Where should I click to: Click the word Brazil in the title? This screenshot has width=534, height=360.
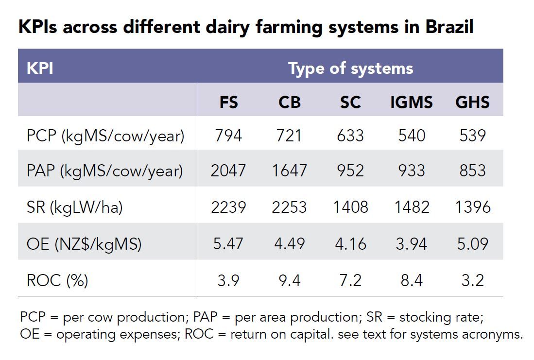point(449,27)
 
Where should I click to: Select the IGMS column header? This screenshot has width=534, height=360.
point(412,102)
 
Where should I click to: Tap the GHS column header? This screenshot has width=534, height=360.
point(472,102)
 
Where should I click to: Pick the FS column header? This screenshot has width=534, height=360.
point(228,102)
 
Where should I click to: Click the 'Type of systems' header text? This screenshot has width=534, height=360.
point(351,69)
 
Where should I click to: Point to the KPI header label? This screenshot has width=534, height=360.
point(40,69)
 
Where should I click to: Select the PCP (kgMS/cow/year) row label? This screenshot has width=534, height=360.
point(105,136)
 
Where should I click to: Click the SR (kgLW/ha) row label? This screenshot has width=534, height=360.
point(74,207)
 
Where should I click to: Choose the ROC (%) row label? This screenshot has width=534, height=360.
point(57,281)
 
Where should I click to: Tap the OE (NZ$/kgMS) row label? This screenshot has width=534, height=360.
point(84,244)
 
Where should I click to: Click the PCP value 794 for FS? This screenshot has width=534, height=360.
point(228,136)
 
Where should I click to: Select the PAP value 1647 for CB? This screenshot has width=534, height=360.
point(290,171)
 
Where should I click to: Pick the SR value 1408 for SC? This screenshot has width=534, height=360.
point(350,207)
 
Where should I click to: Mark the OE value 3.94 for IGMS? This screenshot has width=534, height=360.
point(412,244)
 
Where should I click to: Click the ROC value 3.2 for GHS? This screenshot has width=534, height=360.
point(472,281)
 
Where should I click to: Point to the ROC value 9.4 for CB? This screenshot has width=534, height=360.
point(290,281)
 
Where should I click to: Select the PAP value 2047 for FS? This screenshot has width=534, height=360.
point(228,171)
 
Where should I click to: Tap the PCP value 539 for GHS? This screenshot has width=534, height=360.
point(472,136)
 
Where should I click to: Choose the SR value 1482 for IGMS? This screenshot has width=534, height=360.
point(412,207)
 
